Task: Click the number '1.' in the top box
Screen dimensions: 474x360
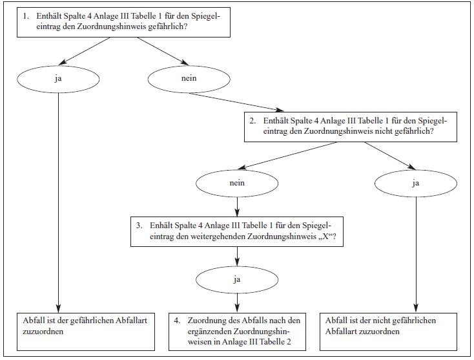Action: click(26, 16)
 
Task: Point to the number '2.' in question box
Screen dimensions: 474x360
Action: click(252, 121)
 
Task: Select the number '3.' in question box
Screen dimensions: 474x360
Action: click(139, 226)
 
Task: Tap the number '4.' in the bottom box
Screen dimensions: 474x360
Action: click(177, 321)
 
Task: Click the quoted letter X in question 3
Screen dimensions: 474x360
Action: click(325, 236)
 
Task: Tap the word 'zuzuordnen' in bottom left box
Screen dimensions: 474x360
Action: click(43, 332)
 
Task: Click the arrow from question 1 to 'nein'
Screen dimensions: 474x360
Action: click(163, 51)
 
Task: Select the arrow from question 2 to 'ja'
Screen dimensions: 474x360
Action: click(390, 156)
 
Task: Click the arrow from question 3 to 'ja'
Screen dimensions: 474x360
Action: click(237, 257)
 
